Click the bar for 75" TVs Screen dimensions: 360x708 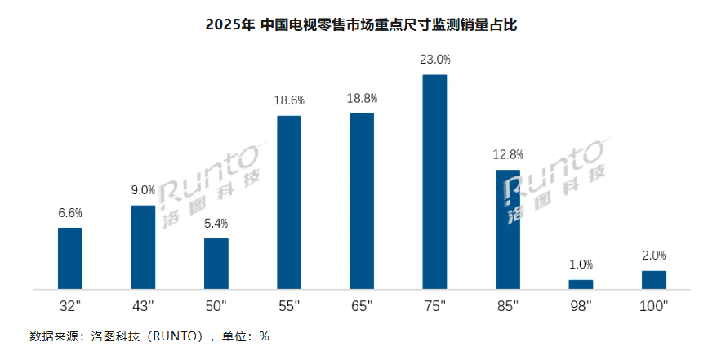434,182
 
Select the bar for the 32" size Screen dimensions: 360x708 70,258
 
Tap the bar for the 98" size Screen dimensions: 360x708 581,284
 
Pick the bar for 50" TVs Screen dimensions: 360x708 216,263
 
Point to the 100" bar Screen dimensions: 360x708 653,279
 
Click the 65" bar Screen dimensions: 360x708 362,201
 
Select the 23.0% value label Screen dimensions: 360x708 434,60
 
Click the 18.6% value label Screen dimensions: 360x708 289,100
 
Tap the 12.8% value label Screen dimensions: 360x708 508,154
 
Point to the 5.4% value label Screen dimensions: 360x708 216,223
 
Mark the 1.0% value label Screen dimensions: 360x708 581,264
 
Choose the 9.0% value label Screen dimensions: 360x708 143,190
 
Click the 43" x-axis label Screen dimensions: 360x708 143,306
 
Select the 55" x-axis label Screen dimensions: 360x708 289,306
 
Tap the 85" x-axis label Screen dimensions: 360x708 508,306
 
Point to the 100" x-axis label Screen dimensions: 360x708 653,306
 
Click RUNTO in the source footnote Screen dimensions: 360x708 176,336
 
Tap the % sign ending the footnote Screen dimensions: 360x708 264,336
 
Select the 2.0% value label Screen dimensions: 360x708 653,255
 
